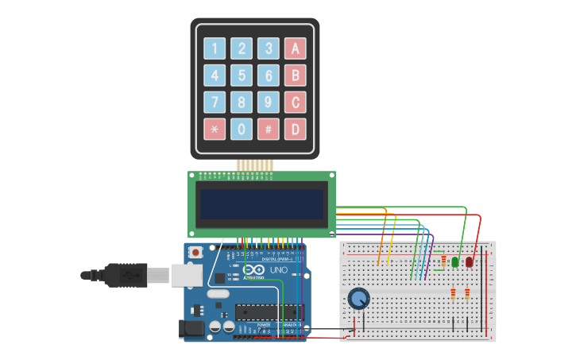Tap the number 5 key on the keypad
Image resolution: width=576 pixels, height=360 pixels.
[x=242, y=75]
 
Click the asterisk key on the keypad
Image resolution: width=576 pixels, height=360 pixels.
[x=215, y=129]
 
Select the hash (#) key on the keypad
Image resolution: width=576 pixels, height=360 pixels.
[x=269, y=129]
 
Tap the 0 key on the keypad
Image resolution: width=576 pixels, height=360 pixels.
[x=242, y=129]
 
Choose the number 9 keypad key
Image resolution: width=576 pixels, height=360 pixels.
[x=269, y=103]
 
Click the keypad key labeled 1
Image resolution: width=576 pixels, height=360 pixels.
[x=215, y=48]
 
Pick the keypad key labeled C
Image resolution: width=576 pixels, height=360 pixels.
[x=296, y=103]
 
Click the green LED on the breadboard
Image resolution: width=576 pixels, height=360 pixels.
[x=454, y=261]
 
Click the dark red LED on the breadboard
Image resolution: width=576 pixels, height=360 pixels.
[x=469, y=261]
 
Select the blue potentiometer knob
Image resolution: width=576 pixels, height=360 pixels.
[x=359, y=299]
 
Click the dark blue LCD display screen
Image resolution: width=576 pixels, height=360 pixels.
[x=261, y=204]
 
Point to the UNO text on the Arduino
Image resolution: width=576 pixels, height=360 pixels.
[x=278, y=271]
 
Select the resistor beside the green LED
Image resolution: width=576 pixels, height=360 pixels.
[x=443, y=261]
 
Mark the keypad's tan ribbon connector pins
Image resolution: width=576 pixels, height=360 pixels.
[x=255, y=165]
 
